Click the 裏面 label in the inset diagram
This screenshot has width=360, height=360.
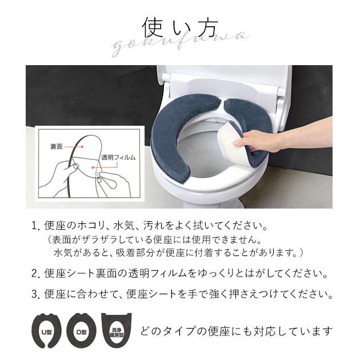point(57,147)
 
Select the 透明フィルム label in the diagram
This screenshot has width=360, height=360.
point(118,156)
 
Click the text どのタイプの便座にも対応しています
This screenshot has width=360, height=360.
point(235,331)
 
